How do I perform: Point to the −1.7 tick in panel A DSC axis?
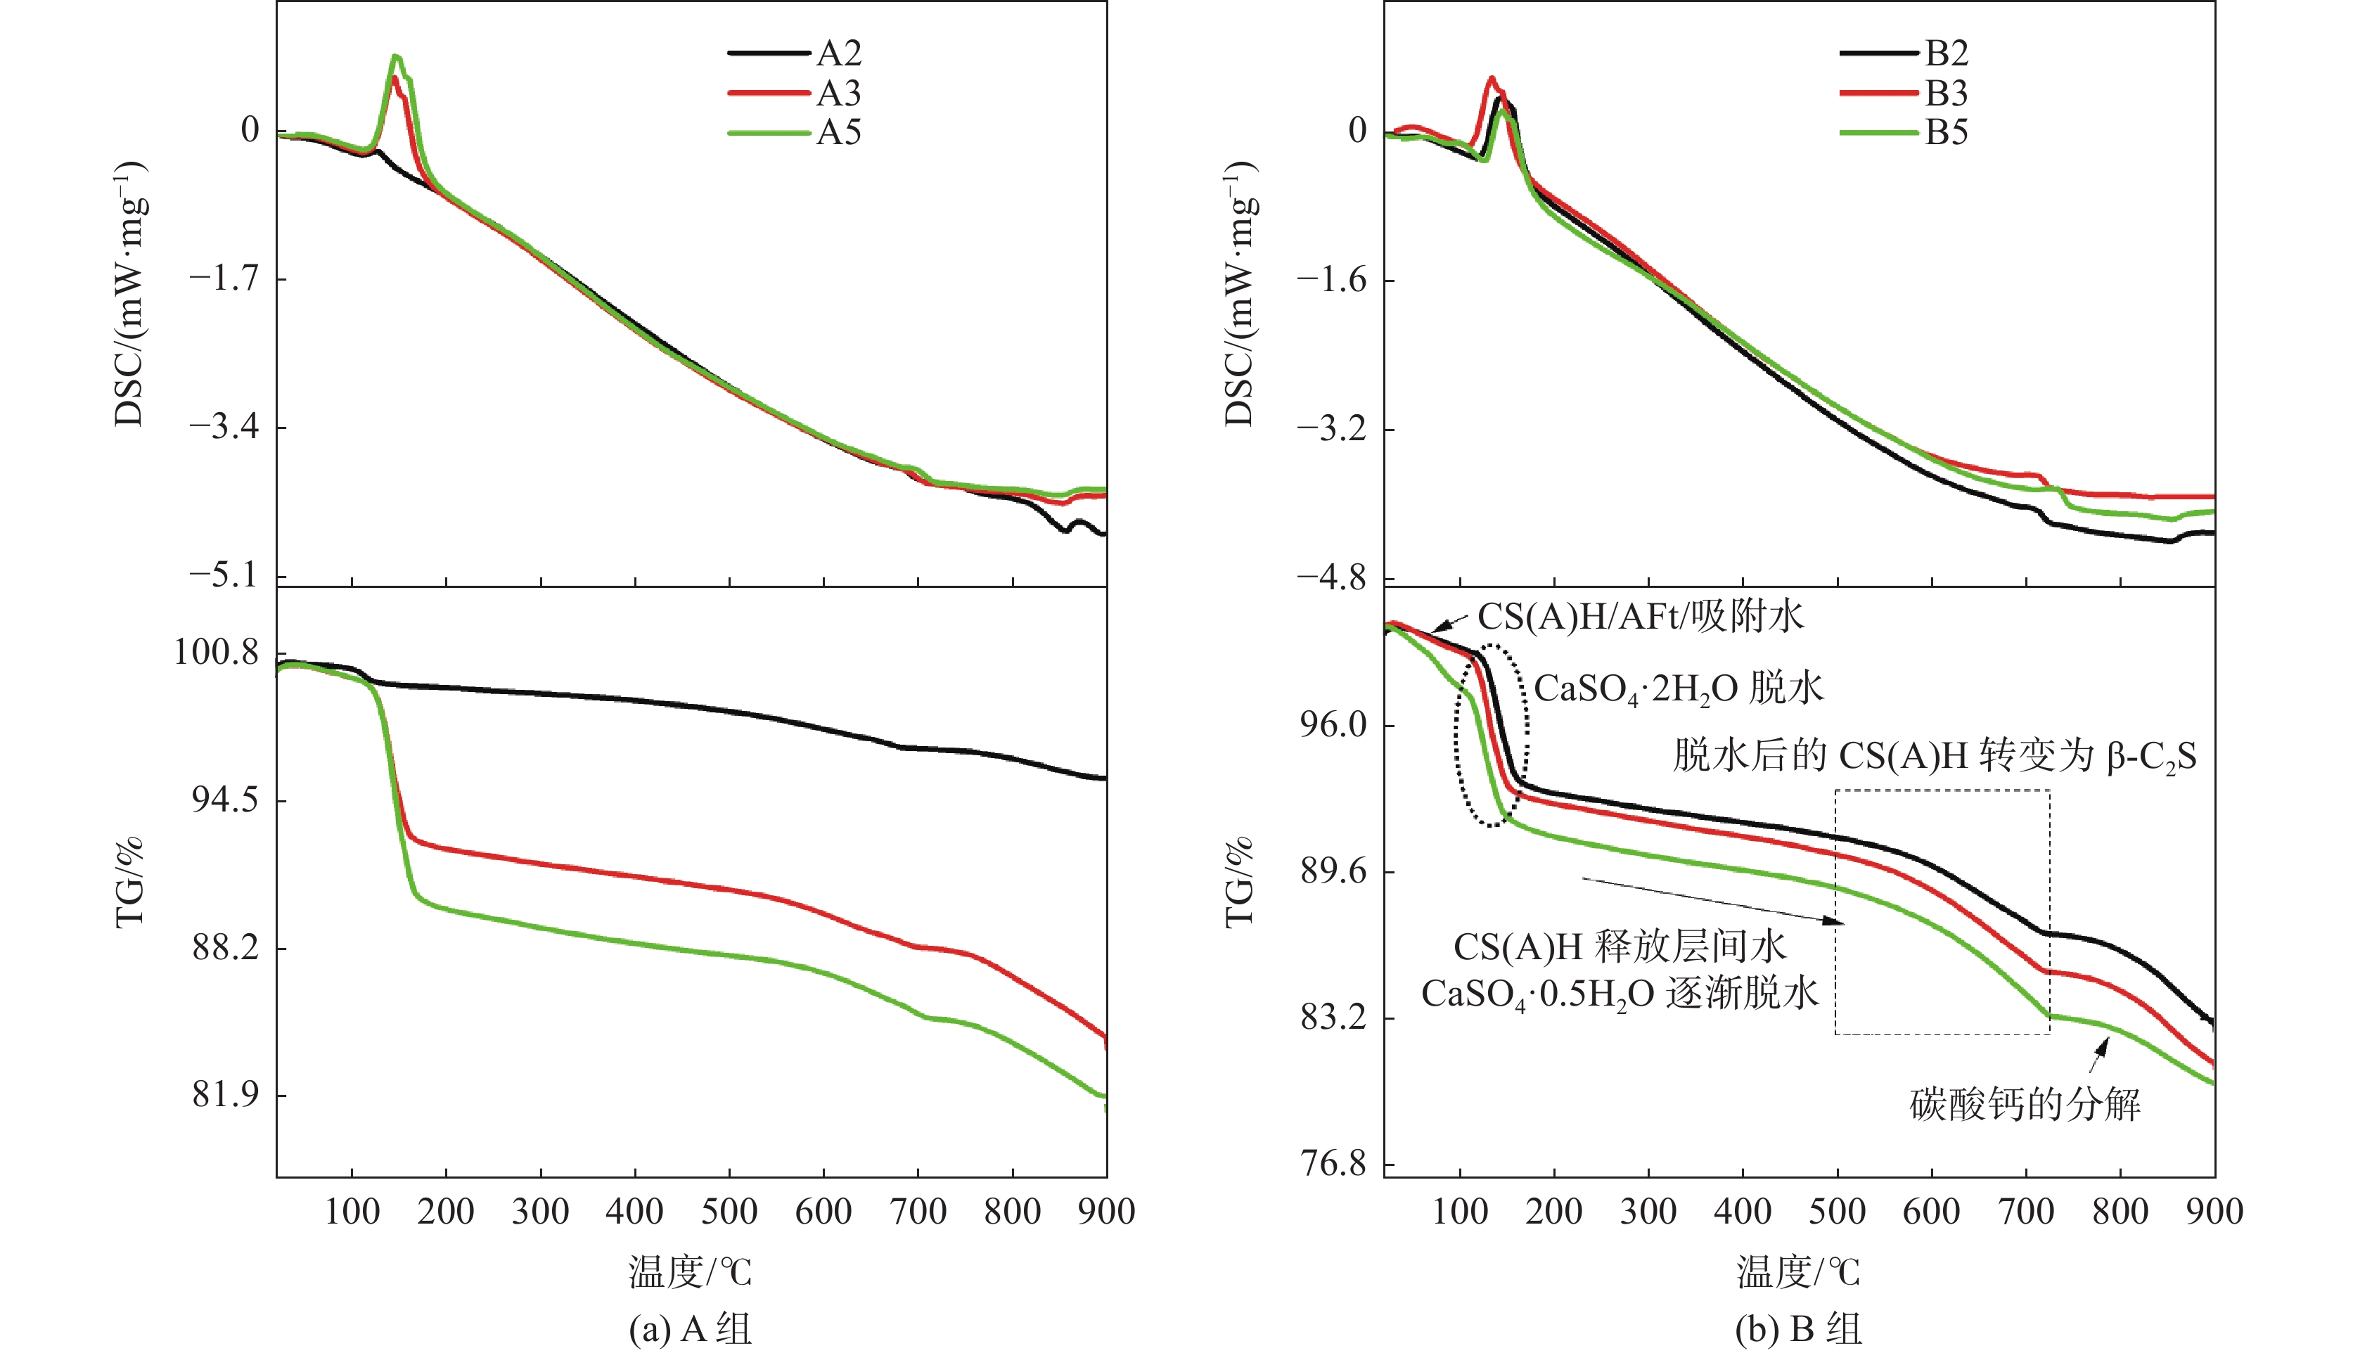pos(224,278)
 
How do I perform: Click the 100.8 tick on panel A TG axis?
pos(217,653)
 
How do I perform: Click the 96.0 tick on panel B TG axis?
pos(1333,725)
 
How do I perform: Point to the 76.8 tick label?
pos(1333,1163)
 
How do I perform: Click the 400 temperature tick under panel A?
pos(635,1212)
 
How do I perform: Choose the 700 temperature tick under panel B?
pos(2026,1212)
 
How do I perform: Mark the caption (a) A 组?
pos(691,1329)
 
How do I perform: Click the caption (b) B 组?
pos(1798,1329)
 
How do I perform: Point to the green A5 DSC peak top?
pos(397,57)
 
